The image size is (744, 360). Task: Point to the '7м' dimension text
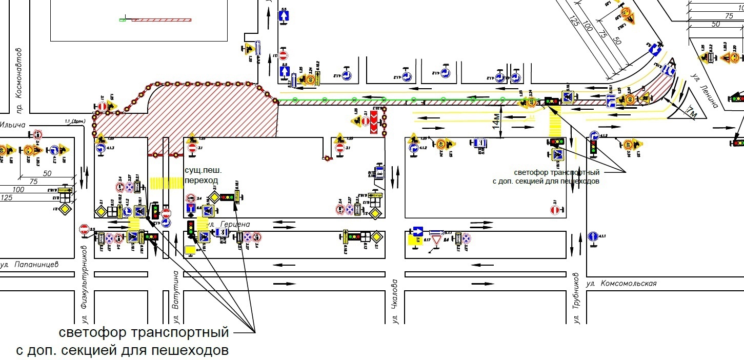tap(691, 112)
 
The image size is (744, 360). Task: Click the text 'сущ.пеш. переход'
tap(201, 175)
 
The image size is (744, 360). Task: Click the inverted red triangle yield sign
tap(436, 240)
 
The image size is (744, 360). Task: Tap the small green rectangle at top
tap(122, 20)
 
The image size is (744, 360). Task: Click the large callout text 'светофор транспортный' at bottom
tap(144, 332)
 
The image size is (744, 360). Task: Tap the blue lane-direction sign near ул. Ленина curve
tap(611, 102)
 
